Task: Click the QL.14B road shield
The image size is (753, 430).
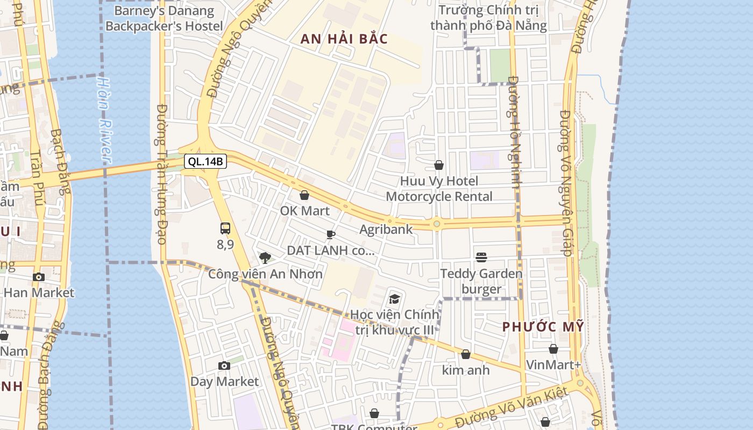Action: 205,161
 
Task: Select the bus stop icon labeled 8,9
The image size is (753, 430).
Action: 225,228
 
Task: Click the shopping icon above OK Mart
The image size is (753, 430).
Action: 304,195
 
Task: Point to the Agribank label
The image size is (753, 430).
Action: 386,229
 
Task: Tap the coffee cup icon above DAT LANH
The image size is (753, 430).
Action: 331,235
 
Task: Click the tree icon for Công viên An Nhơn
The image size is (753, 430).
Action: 265,258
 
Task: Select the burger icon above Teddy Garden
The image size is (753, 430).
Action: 481,258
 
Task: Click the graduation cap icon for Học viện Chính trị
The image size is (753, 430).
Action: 395,299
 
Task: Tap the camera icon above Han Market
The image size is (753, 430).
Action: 39,277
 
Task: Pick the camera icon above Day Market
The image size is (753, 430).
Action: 224,366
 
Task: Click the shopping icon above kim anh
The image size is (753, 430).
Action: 466,355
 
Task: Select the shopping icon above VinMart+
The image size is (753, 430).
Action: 553,349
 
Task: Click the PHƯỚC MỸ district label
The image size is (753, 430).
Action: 543,327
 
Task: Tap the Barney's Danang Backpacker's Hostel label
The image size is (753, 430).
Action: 164,18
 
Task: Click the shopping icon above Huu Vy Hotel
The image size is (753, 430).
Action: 439,166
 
